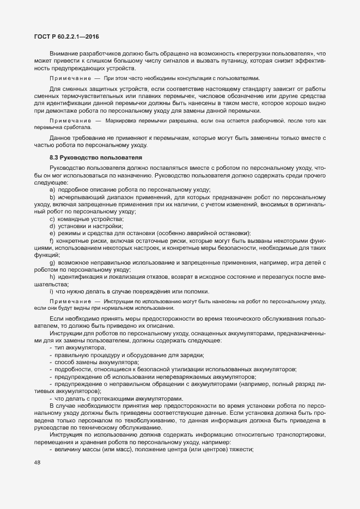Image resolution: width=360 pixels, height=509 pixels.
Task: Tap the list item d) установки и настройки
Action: [x=86, y=225]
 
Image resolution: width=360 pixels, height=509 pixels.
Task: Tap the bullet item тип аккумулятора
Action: [x=80, y=347]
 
